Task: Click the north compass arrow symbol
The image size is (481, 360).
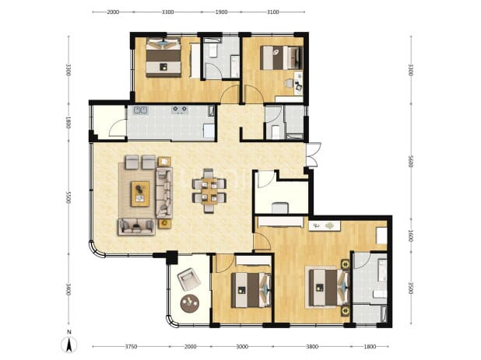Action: pyautogui.click(x=69, y=345)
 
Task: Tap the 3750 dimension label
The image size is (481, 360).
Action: pyautogui.click(x=131, y=347)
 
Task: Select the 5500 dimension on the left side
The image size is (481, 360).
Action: pyautogui.click(x=68, y=197)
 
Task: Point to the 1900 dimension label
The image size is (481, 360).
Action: pyautogui.click(x=222, y=12)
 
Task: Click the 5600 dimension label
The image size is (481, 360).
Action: pyautogui.click(x=411, y=161)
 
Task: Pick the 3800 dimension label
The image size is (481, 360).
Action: pyautogui.click(x=312, y=347)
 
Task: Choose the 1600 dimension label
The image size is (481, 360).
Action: pyautogui.click(x=411, y=236)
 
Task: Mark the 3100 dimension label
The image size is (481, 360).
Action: pyautogui.click(x=272, y=12)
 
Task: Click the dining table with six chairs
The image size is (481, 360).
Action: pyautogui.click(x=209, y=190)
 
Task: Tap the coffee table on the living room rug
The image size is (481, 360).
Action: pyautogui.click(x=140, y=194)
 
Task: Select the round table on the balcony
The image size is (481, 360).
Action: pyautogui.click(x=190, y=303)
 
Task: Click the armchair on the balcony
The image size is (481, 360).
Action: pyautogui.click(x=189, y=279)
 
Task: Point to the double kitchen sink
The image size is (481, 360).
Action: pyautogui.click(x=141, y=110)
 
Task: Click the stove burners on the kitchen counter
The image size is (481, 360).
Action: pyautogui.click(x=180, y=110)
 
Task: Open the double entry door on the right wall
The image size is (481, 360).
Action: pyautogui.click(x=314, y=155)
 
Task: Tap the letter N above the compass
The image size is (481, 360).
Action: pyautogui.click(x=69, y=332)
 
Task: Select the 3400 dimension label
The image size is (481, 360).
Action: pyautogui.click(x=68, y=289)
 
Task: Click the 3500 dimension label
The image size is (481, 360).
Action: pyautogui.click(x=411, y=288)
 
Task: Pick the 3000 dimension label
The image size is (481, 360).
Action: pyautogui.click(x=242, y=347)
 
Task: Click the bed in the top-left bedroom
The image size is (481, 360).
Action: pyautogui.click(x=163, y=58)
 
